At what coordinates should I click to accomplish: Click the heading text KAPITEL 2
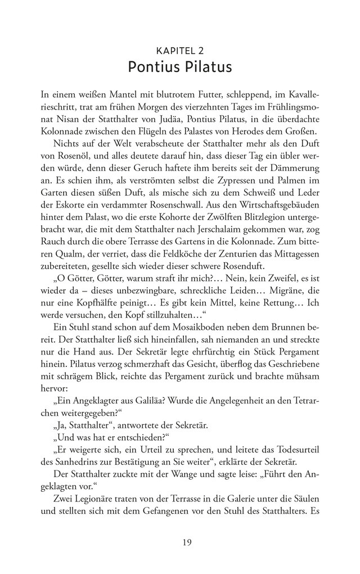pos(179,51)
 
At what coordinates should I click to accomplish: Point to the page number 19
pos(179,542)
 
